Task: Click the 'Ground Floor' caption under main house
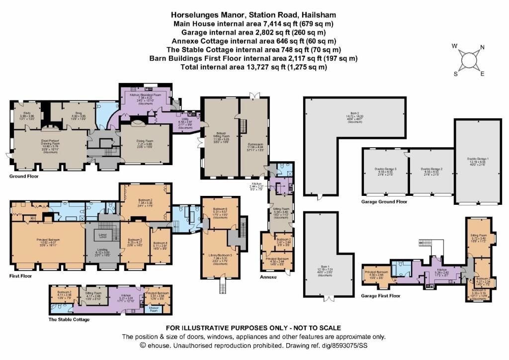(24, 177)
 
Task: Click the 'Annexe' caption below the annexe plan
(269, 277)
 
